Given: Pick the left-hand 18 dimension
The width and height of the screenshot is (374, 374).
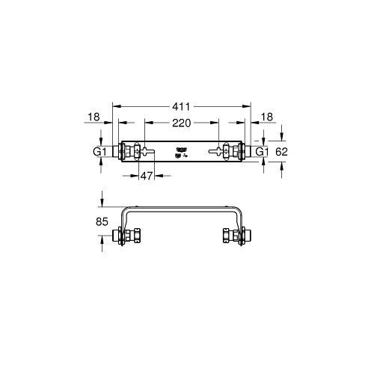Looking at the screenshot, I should point(93,117).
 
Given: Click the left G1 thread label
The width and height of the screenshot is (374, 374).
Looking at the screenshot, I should point(100,153).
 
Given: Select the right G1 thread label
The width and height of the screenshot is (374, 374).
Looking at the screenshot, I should point(262,153).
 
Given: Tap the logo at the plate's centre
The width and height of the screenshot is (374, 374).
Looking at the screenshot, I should point(180,152).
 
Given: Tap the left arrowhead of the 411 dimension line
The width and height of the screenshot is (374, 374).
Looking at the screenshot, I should point(115,106).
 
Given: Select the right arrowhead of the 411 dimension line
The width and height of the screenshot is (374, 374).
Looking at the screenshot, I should point(249,106).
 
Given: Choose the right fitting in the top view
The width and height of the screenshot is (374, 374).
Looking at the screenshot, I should point(236,153).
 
